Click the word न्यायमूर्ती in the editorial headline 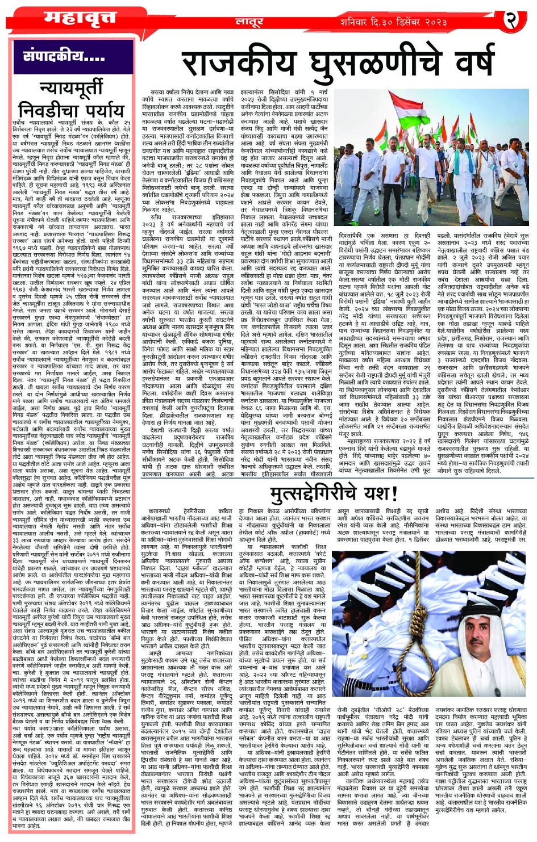point(72,89)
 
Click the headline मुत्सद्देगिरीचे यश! point(334,492)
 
